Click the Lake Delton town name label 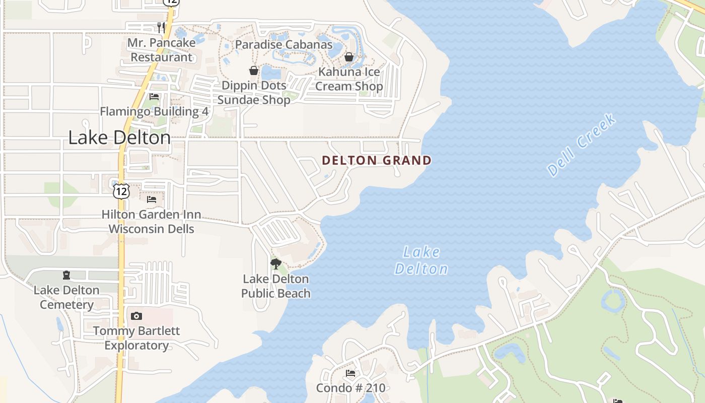click(119, 138)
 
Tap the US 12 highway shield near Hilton click(121, 191)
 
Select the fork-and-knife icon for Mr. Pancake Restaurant click(161, 27)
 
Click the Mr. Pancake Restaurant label click(161, 50)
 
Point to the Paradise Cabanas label click(284, 44)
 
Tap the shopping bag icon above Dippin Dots click(254, 71)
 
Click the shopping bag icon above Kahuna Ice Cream click(348, 57)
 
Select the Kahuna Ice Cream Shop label click(349, 79)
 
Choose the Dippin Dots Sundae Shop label click(254, 93)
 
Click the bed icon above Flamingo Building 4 click(154, 97)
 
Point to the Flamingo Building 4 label click(154, 111)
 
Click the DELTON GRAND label click(377, 161)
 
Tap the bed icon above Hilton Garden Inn click(151, 199)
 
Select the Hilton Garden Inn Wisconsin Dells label click(151, 222)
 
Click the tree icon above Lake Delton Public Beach click(275, 263)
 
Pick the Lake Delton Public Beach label click(275, 286)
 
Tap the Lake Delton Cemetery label click(66, 297)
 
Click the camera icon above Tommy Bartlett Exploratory click(136, 316)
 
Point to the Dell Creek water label click(581, 146)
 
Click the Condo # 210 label click(350, 388)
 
